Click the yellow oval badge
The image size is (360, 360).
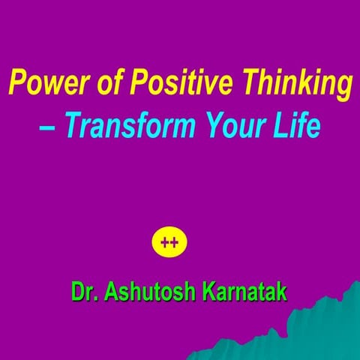(169, 243)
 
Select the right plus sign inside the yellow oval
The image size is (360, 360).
(174, 243)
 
